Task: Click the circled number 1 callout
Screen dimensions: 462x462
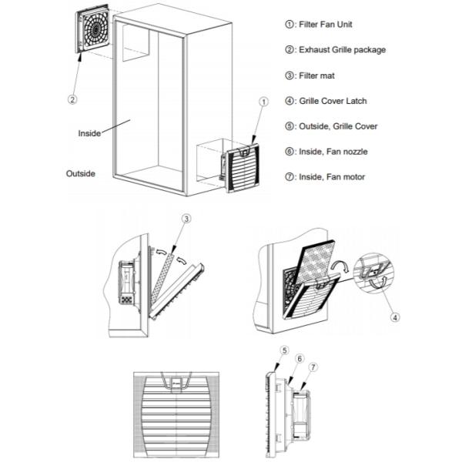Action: pos(263,101)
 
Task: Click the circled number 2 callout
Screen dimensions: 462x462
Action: pos(72,99)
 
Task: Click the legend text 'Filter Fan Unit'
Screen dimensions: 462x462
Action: pos(332,25)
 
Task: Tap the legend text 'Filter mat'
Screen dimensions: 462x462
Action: pos(324,75)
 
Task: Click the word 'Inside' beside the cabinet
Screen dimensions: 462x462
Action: pos(89,133)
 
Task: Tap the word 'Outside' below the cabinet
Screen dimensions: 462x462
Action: pos(80,173)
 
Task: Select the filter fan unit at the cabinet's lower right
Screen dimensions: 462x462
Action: pos(242,166)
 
